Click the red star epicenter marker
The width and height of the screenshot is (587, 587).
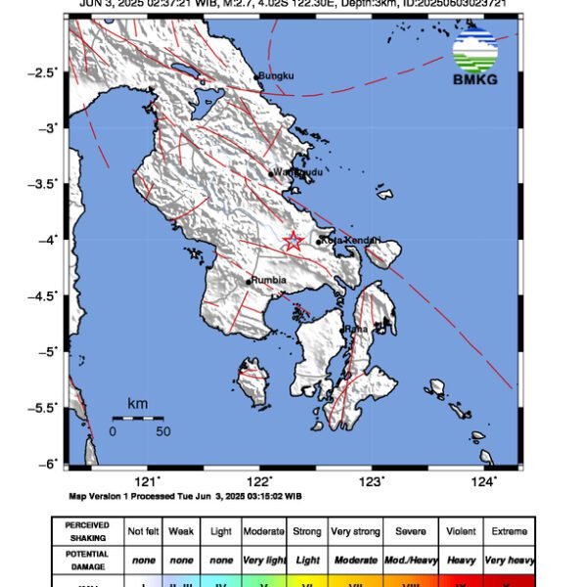tap(293, 241)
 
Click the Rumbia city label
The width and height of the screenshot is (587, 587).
tap(268, 280)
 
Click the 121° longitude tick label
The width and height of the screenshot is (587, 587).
tap(148, 480)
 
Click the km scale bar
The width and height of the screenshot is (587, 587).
tap(137, 418)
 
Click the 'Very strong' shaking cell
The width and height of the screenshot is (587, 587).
tap(354, 530)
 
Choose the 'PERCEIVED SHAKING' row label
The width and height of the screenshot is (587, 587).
tap(87, 530)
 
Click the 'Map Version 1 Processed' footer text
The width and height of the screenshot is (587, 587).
tap(185, 496)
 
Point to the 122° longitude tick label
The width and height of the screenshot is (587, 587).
tap(259, 480)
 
